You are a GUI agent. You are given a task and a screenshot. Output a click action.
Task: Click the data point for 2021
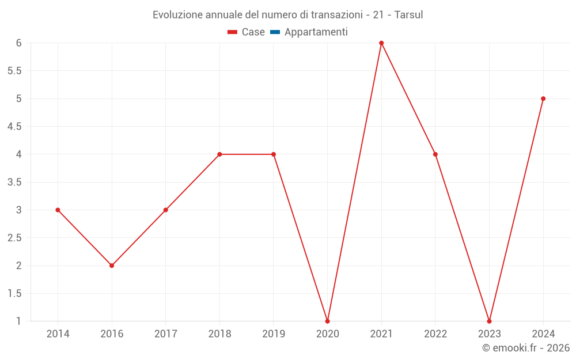(381, 43)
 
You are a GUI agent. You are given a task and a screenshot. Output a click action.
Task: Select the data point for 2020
(327, 321)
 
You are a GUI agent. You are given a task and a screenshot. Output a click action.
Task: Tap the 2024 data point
(543, 98)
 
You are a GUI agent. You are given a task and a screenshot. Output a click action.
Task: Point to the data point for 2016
(112, 266)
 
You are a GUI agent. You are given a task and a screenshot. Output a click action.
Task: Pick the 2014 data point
(58, 210)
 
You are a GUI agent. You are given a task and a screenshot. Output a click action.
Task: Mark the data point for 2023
(489, 321)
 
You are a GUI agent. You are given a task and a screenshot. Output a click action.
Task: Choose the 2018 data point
(219, 154)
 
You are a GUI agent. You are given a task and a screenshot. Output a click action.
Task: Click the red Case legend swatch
(233, 32)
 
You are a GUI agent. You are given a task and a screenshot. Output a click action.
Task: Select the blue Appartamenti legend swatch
(275, 32)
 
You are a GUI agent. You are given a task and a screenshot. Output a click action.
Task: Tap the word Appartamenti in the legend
(316, 32)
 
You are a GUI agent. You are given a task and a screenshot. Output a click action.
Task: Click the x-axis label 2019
(274, 334)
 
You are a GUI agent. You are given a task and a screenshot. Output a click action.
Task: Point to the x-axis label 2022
(435, 334)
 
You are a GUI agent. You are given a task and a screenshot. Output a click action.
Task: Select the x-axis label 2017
(165, 334)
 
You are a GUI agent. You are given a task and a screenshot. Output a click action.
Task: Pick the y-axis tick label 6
(19, 43)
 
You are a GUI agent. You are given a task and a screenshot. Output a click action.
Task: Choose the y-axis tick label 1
(19, 321)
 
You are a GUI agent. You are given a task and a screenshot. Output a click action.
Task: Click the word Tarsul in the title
(409, 15)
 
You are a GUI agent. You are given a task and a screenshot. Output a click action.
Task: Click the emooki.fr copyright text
(526, 348)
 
